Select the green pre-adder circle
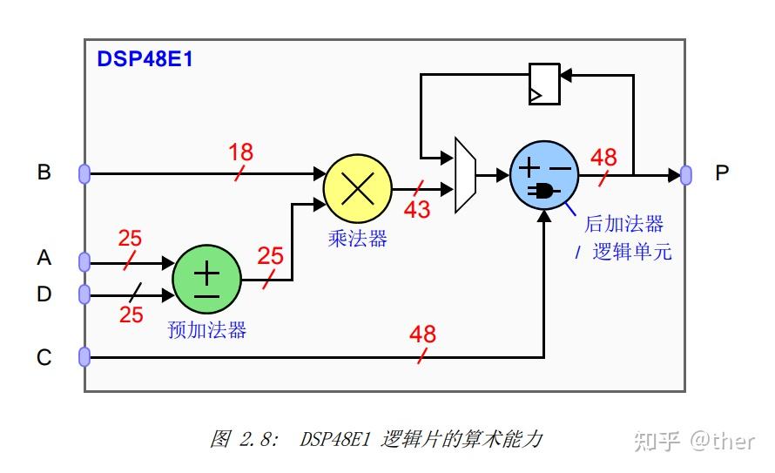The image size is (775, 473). (206, 280)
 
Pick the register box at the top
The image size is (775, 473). (544, 84)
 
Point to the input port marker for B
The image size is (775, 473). (84, 173)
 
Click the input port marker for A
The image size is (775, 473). (84, 261)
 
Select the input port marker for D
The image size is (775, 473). (84, 294)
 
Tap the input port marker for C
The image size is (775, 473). (84, 357)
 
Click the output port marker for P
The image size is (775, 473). (686, 174)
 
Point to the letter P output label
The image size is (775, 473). (721, 173)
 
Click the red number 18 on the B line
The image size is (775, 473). (240, 152)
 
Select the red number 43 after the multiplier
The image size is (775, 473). (416, 209)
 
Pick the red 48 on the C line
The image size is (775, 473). (422, 334)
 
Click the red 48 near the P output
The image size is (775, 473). (603, 158)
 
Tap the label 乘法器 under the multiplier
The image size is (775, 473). (357, 239)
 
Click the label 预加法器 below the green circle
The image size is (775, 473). (206, 330)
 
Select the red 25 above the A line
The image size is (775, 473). (131, 239)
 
